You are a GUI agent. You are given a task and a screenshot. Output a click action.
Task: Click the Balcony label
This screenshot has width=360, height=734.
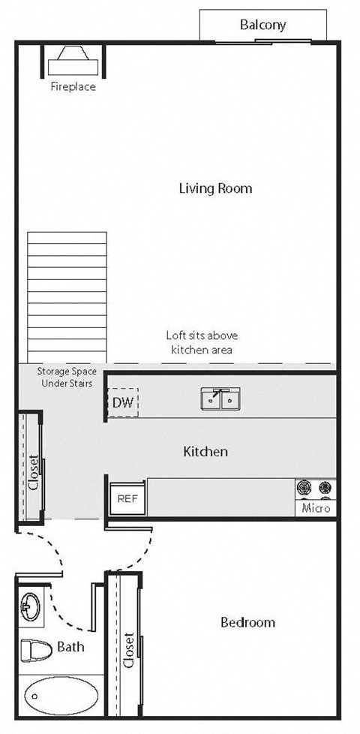pyautogui.click(x=262, y=26)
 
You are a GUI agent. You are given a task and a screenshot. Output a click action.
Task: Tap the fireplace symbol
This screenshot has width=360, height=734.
pyautogui.click(x=73, y=59)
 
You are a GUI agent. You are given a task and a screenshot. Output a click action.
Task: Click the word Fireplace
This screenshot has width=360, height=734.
pyautogui.click(x=73, y=86)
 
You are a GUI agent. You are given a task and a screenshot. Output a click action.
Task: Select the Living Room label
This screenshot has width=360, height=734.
pyautogui.click(x=215, y=188)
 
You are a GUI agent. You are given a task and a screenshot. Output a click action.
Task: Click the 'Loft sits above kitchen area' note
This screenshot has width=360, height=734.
pyautogui.click(x=201, y=342)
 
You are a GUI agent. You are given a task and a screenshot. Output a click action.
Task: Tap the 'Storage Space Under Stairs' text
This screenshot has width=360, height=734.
pyautogui.click(x=64, y=378)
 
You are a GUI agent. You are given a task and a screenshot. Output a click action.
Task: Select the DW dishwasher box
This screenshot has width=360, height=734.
pyautogui.click(x=122, y=403)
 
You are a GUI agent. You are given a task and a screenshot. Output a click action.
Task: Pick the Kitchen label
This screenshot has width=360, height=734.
pyautogui.click(x=205, y=452)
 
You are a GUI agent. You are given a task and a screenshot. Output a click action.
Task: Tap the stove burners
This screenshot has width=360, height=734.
pyautogui.click(x=315, y=489)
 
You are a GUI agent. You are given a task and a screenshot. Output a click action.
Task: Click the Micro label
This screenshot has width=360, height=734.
pyautogui.click(x=316, y=509)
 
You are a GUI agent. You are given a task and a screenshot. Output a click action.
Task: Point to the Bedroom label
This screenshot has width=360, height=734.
pyautogui.click(x=247, y=622)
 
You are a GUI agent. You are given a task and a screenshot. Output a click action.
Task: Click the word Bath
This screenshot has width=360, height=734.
pyautogui.click(x=70, y=647)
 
